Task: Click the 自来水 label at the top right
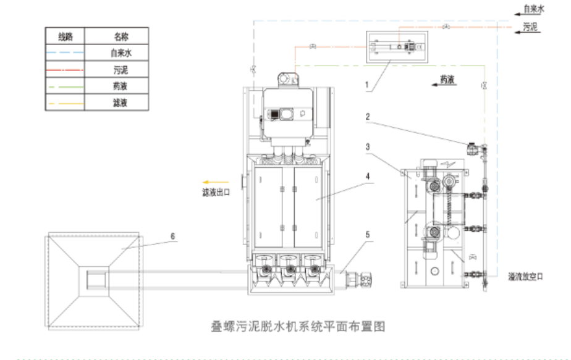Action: pyautogui.click(x=533, y=9)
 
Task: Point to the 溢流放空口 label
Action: pyautogui.click(x=525, y=276)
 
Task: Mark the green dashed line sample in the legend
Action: pyautogui.click(x=65, y=85)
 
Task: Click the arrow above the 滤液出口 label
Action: pyautogui.click(x=213, y=182)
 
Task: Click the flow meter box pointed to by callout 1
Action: pyautogui.click(x=395, y=47)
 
